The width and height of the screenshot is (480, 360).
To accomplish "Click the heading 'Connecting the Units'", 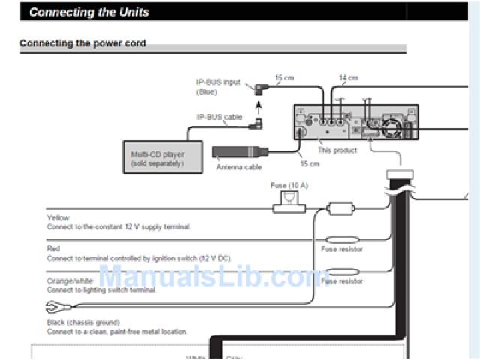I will (x=89, y=12).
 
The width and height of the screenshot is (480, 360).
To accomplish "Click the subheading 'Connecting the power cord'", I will (x=82, y=43).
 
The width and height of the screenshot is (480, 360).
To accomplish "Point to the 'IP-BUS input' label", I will (x=218, y=82).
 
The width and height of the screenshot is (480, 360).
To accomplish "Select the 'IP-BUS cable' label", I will (x=220, y=117).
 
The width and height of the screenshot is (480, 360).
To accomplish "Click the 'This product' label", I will (x=337, y=150).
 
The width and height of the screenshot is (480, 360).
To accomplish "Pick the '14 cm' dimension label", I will (x=348, y=77).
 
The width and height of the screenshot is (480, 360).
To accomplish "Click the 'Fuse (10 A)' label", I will (x=289, y=184).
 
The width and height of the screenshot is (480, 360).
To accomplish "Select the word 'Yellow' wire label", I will (x=58, y=218).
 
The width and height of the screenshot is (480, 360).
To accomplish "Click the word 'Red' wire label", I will (x=53, y=247).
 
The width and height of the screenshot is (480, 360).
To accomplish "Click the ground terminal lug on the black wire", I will (x=57, y=307).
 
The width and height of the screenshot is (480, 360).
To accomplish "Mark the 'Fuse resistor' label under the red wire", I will (x=342, y=249).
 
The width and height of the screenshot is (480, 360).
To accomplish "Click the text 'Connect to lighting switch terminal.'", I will (x=101, y=289).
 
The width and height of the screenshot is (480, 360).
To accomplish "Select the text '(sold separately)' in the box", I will (x=157, y=163).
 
